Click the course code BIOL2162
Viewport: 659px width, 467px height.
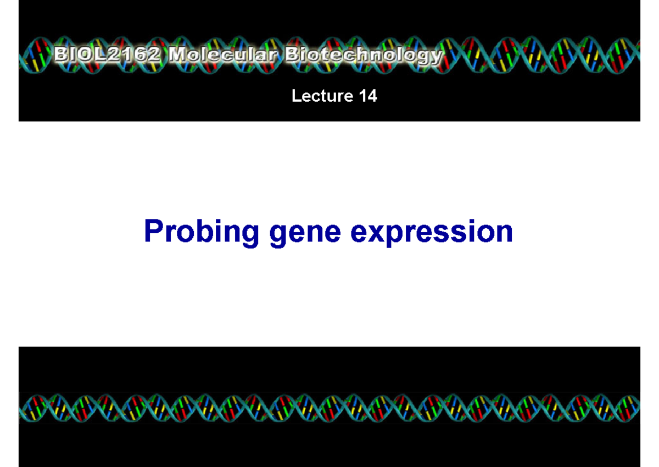109,56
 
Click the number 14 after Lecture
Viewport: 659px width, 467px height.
367,96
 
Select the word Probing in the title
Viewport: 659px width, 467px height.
201,232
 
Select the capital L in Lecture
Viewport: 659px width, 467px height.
296,96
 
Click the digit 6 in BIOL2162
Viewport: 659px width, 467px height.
142,56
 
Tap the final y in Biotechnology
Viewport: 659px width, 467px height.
436,58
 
